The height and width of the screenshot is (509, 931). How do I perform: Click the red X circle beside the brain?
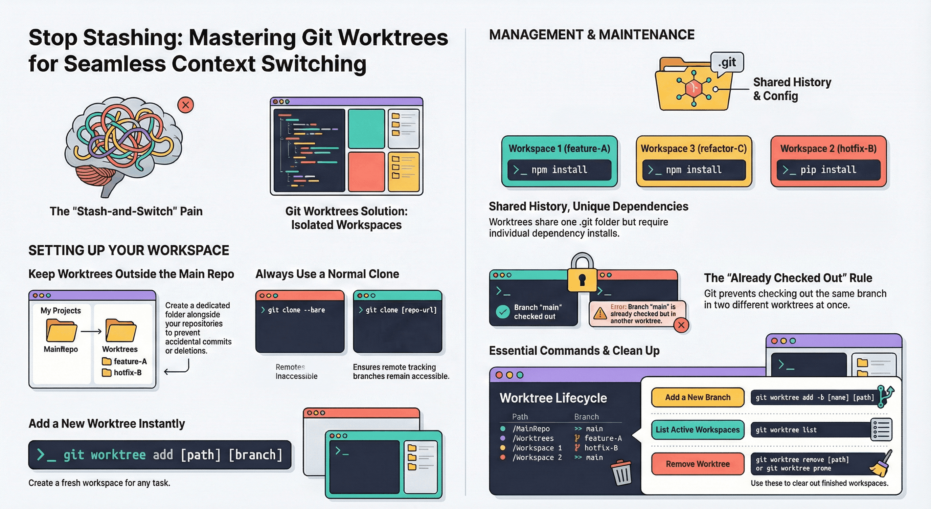click(185, 105)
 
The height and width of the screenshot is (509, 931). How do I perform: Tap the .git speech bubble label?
click(727, 63)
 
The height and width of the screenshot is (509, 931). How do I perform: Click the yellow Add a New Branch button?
click(698, 397)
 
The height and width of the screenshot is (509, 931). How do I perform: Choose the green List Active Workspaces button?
click(698, 429)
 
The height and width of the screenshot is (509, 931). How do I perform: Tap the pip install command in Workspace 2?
click(828, 170)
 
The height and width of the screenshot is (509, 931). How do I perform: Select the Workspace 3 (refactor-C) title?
click(694, 149)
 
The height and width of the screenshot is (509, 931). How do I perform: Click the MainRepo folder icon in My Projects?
click(61, 330)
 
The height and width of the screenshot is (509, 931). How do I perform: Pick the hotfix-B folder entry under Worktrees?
click(122, 372)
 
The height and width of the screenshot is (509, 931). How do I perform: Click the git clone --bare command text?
click(296, 310)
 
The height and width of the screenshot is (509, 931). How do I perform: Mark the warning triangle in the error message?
click(600, 313)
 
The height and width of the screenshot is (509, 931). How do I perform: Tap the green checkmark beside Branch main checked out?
click(502, 312)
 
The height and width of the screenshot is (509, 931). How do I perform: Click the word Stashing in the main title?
click(133, 38)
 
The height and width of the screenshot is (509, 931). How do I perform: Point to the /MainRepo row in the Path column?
click(531, 429)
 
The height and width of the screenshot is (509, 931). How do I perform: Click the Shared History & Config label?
click(792, 89)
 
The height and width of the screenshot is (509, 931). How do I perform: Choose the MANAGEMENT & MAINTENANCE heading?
click(592, 35)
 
